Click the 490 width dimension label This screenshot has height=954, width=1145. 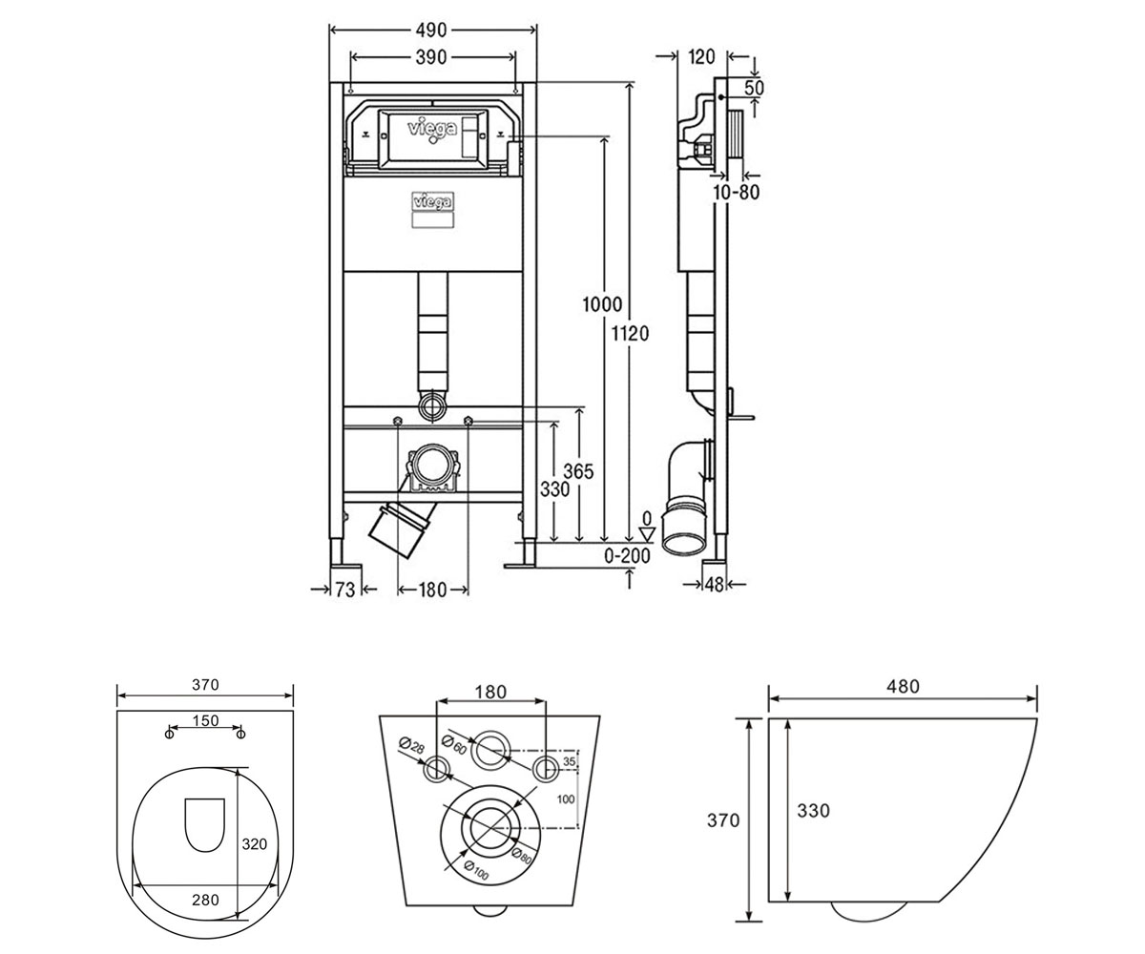(x=431, y=31)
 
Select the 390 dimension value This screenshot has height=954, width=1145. (x=431, y=57)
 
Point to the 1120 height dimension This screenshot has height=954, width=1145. (x=630, y=333)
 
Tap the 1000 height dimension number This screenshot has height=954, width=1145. (x=602, y=304)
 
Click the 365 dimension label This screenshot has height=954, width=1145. (x=578, y=471)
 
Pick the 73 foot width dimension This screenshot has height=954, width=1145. (x=345, y=590)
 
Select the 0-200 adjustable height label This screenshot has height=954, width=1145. (x=627, y=556)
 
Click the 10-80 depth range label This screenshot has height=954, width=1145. (x=737, y=193)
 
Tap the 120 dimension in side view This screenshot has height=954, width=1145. (x=701, y=56)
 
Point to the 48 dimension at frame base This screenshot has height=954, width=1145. (x=714, y=585)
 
